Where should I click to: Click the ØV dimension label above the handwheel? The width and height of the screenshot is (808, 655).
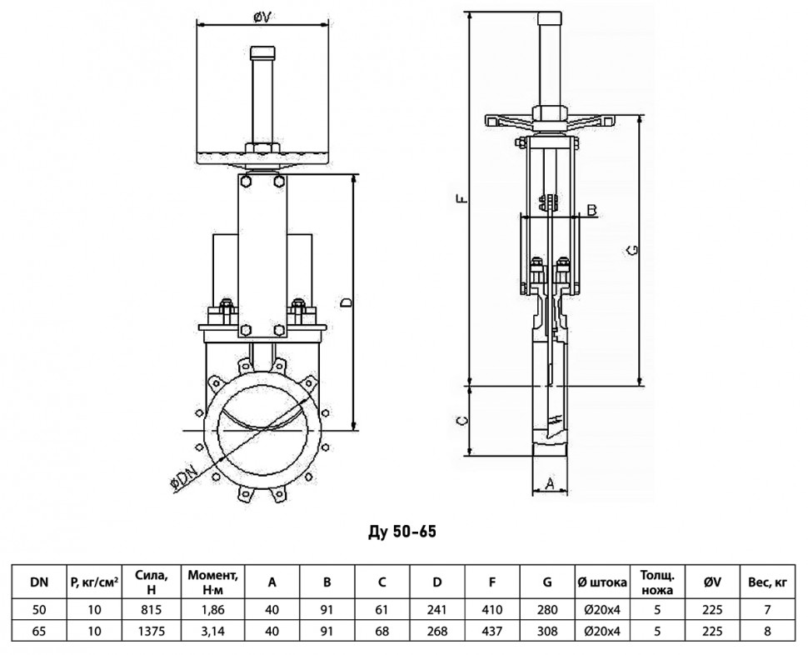pos(262,17)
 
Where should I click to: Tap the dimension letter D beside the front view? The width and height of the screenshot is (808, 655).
pos(347,302)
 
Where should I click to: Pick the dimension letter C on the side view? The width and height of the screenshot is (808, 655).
pos(463,420)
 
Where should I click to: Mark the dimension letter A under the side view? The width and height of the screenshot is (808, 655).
pos(549,482)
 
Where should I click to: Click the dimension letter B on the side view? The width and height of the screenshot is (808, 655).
pos(592,210)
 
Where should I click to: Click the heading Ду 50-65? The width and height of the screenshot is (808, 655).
pos(402,532)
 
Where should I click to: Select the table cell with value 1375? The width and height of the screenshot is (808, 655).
pos(152,631)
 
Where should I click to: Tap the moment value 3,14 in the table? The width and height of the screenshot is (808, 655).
pos(212,631)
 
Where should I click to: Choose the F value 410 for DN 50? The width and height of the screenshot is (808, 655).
pos(492,610)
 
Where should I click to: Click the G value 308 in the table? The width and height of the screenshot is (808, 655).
pos(547,631)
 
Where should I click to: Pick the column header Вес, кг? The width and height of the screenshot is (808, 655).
pos(767,582)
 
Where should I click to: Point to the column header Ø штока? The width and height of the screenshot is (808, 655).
pos(602,582)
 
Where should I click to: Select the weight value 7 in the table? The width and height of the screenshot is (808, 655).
pos(767,610)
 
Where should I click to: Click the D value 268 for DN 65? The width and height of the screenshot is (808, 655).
pos(437,631)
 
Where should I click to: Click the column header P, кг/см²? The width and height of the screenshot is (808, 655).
pos(94,582)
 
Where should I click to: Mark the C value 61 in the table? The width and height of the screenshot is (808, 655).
pos(382,610)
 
